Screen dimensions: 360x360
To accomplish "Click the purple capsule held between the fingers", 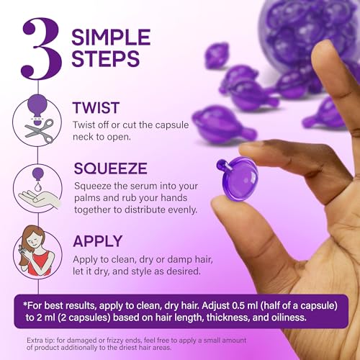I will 238,176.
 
